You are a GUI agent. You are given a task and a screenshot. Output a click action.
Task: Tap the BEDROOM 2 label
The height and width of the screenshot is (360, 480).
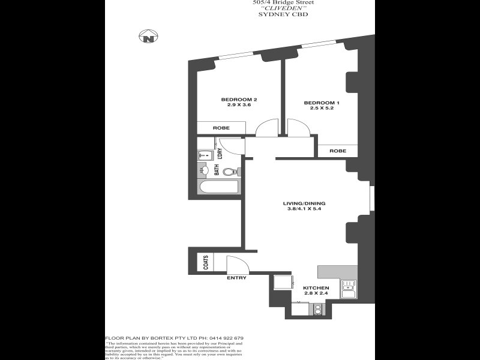tap(239, 99)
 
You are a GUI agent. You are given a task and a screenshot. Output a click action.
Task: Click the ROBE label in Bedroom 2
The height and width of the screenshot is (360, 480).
tap(221, 128)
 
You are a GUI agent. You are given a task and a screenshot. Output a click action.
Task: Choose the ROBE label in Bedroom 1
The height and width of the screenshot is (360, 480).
tap(338, 151)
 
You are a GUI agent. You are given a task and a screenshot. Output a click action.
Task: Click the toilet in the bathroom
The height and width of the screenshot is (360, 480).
tap(230, 172)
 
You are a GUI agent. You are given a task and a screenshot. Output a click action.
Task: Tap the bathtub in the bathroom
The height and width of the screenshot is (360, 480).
tap(220, 188)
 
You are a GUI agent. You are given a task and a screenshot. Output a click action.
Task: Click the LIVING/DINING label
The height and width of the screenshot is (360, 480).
tap(304, 203)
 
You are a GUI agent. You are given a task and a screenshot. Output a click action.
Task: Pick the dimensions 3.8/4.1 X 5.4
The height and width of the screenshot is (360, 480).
tap(304, 210)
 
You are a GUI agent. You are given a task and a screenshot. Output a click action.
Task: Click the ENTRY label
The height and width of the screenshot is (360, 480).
tap(236, 278)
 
